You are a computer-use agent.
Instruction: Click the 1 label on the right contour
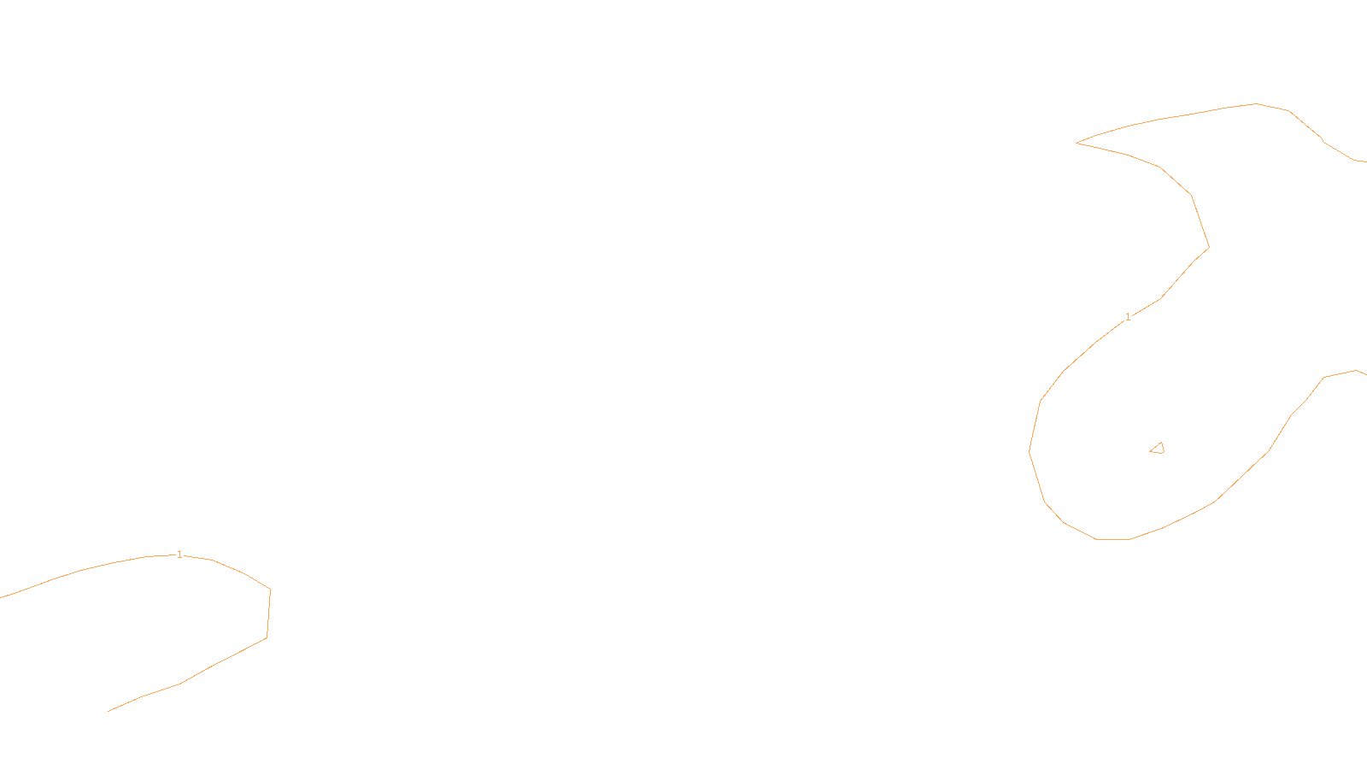[1128, 317]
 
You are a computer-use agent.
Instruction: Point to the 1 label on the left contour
[179, 555]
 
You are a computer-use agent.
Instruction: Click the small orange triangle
[1158, 449]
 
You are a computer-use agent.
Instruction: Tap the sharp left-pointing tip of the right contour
[1077, 143]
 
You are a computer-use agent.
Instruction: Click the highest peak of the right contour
[1256, 104]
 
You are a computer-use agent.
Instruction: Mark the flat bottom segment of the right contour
[1113, 539]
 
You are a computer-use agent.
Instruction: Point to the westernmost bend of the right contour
[1030, 451]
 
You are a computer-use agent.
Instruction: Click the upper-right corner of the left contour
[270, 590]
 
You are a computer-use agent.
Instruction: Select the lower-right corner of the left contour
[267, 637]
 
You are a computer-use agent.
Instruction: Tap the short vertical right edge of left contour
[268, 613]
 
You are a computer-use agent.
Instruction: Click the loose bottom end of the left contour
[109, 711]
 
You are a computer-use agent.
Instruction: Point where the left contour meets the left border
[2, 597]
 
